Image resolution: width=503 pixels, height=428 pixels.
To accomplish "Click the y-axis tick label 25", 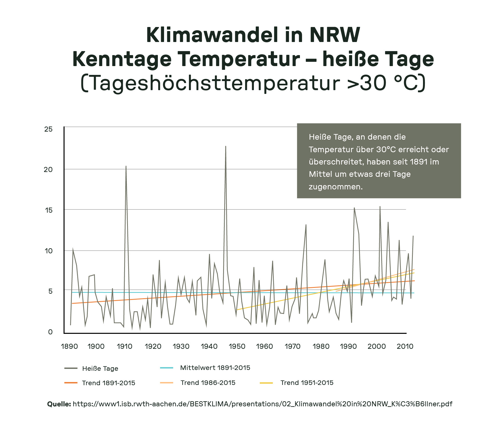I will pos(48,129).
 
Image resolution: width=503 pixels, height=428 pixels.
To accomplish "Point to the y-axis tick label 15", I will pos(49,210).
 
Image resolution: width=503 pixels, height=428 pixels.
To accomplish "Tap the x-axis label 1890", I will pos(69,346).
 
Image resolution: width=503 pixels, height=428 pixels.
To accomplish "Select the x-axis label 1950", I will pos(237,346).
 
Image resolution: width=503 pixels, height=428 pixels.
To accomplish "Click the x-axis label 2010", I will pos(405,346).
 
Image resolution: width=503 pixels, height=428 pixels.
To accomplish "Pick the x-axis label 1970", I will pos(292,346).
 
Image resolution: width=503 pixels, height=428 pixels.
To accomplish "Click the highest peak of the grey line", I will pos(226,146).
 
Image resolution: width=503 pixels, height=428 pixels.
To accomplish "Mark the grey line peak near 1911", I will pos(126,166).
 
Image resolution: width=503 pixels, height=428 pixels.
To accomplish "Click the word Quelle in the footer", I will pos(59,404).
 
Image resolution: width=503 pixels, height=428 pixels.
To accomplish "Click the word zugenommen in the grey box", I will pos(335,187).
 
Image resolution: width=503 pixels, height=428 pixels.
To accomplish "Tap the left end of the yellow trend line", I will pos(237,310).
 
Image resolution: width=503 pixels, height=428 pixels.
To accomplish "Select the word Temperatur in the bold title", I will pos(239,59).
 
